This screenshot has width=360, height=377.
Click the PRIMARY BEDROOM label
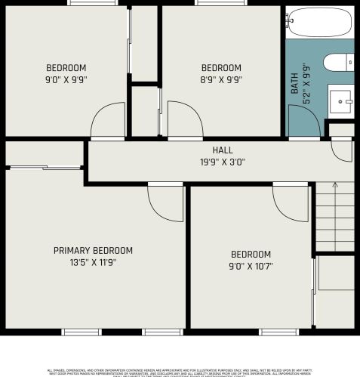[x=93, y=250]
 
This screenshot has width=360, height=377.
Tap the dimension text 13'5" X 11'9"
[x=93, y=263]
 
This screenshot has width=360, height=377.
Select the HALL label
[x=222, y=150]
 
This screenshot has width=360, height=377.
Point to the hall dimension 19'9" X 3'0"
[x=222, y=161]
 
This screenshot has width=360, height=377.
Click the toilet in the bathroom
[x=340, y=62]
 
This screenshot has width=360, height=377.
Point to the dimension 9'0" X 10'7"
[x=251, y=266]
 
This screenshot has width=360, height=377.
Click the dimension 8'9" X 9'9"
[x=221, y=79]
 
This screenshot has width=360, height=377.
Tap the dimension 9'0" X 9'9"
[x=66, y=79]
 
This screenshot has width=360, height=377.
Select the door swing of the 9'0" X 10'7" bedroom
[x=289, y=200]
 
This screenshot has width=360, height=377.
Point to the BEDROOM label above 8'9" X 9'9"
[x=221, y=66]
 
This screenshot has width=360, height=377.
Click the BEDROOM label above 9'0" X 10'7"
[x=251, y=254]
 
